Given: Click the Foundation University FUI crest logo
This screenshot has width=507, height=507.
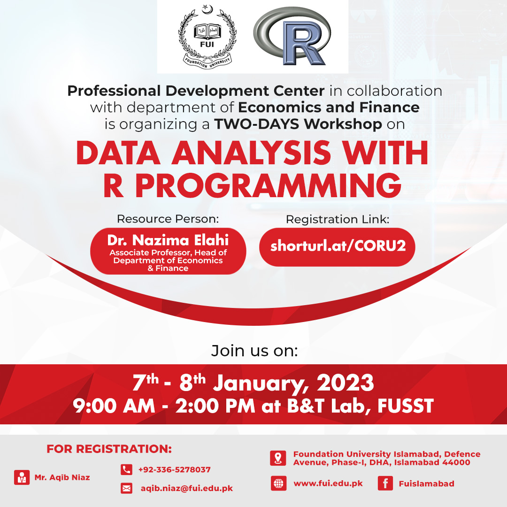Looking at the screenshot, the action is (x=207, y=37).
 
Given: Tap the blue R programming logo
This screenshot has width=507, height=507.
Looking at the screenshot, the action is (x=292, y=36).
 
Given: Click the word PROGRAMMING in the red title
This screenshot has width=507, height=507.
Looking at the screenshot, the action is (x=269, y=185).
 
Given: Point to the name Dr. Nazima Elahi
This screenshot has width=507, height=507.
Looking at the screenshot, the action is (x=168, y=240).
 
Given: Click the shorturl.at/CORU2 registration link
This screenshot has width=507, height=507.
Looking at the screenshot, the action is (x=338, y=246).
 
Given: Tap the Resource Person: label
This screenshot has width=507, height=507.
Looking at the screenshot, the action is (x=168, y=219).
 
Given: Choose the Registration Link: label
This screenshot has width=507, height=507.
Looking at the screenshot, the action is (x=338, y=219).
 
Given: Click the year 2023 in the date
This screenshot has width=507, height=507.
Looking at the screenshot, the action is (x=345, y=383).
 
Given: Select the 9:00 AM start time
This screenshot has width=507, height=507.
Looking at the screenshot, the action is (x=114, y=406).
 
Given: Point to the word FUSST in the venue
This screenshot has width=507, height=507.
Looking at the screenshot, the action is (x=406, y=406).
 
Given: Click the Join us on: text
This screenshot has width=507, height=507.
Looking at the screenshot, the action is (x=254, y=351).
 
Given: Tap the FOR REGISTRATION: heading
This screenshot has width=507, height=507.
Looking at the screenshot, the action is (x=109, y=449).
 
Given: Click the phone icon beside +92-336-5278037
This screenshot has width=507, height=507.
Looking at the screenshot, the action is (x=126, y=469).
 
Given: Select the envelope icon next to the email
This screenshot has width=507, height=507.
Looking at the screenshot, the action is (x=126, y=488).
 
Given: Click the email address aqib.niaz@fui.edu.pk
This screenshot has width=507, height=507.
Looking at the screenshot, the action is (x=186, y=488).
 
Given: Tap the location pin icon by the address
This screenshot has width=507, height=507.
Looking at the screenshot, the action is (x=278, y=458).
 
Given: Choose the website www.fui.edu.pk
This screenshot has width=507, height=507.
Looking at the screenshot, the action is (x=328, y=484).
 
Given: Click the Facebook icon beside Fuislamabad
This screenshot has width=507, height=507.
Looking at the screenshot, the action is (x=385, y=484).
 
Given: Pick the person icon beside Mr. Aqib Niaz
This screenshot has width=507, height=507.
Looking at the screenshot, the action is (x=22, y=477).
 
